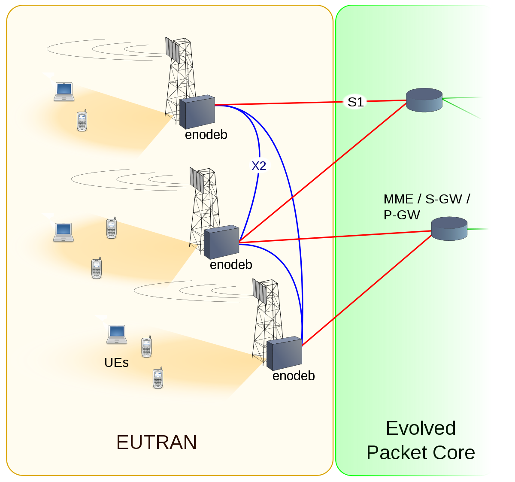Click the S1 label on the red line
(x=355, y=102)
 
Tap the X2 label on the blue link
(x=259, y=166)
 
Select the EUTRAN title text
(x=156, y=442)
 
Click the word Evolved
(x=421, y=428)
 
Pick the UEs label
(x=116, y=363)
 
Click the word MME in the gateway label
(x=398, y=199)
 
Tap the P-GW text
(x=402, y=215)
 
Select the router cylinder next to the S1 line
(x=424, y=100)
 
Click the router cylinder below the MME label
(x=449, y=228)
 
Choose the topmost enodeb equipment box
(x=197, y=112)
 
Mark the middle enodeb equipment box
(x=221, y=242)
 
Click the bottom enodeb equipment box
(x=284, y=354)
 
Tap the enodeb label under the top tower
(x=206, y=135)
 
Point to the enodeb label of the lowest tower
(x=294, y=376)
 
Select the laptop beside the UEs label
(x=117, y=334)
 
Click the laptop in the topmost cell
(x=64, y=91)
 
